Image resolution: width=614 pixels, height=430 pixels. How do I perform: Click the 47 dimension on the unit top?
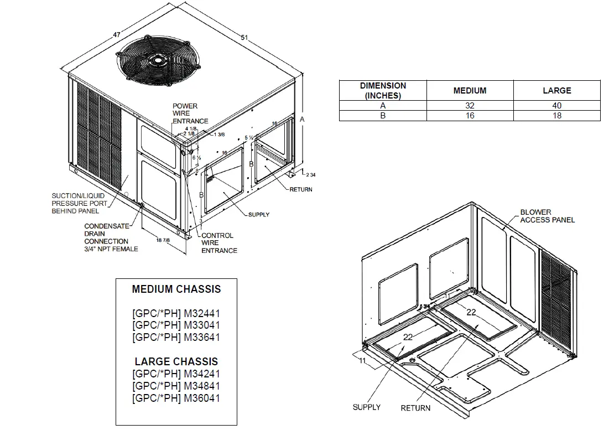click(117, 35)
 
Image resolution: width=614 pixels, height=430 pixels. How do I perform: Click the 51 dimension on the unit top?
click(244, 38)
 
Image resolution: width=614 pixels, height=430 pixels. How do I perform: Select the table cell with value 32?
click(470, 106)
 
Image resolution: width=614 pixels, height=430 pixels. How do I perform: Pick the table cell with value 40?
click(556, 106)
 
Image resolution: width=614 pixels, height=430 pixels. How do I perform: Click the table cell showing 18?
click(556, 116)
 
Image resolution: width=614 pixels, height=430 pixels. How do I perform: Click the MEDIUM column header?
click(470, 90)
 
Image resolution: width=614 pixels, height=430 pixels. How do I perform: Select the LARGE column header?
click(556, 90)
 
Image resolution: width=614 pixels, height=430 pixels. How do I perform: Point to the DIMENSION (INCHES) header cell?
click(383, 90)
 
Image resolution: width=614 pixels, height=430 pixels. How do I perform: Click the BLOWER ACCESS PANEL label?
click(547, 216)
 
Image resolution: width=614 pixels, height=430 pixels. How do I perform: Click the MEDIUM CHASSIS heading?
click(176, 289)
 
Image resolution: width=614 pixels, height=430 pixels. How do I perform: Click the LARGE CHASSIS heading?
click(176, 362)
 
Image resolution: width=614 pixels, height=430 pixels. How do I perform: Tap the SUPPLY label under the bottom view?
click(366, 407)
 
